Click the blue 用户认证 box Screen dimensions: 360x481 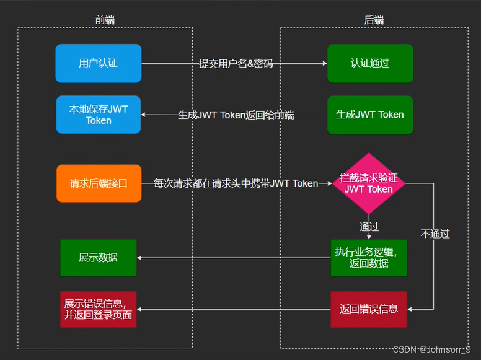(x=98, y=63)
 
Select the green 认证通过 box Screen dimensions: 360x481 (x=370, y=63)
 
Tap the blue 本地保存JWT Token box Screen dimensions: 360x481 (x=98, y=115)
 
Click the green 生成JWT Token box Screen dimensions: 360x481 (x=370, y=115)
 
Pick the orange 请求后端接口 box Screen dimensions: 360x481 (x=99, y=183)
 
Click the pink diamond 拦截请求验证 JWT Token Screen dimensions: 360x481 (x=368, y=183)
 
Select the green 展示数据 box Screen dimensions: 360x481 (x=98, y=258)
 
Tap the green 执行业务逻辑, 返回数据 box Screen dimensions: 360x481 (x=369, y=258)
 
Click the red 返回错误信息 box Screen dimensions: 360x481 (x=369, y=309)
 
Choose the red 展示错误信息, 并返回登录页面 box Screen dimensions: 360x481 (x=98, y=309)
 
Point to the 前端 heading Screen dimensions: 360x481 (x=105, y=20)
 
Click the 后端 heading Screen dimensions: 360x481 (x=373, y=20)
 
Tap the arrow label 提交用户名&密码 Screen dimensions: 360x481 (x=236, y=63)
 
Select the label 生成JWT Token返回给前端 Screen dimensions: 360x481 (x=236, y=115)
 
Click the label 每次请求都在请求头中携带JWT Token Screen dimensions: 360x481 (x=236, y=183)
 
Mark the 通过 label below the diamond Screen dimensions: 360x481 (x=369, y=226)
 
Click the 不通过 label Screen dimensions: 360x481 (x=435, y=234)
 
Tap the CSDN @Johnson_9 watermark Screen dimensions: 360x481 (x=431, y=350)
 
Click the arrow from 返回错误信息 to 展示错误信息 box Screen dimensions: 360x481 (x=233, y=309)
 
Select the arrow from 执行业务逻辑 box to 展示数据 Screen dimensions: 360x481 (x=233, y=258)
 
